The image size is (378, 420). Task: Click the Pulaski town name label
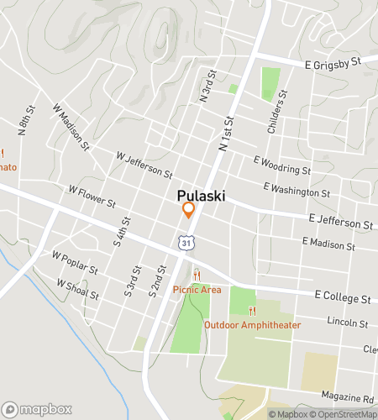pos(200,195)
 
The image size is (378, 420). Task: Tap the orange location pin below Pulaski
pos(188,211)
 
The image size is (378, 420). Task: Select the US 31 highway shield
pos(186,242)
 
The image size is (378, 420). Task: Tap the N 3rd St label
pos(204,88)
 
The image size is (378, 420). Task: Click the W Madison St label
pos(71,126)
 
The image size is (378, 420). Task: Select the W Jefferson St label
pos(144,163)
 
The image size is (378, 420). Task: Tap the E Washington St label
pos(297,190)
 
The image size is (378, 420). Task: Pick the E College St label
pos(342,297)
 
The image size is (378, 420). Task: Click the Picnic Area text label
pos(197,290)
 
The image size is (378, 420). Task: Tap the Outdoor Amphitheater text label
pos(252,324)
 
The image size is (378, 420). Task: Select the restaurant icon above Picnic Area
pos(197,276)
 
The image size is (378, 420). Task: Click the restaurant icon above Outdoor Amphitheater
pos(251,310)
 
